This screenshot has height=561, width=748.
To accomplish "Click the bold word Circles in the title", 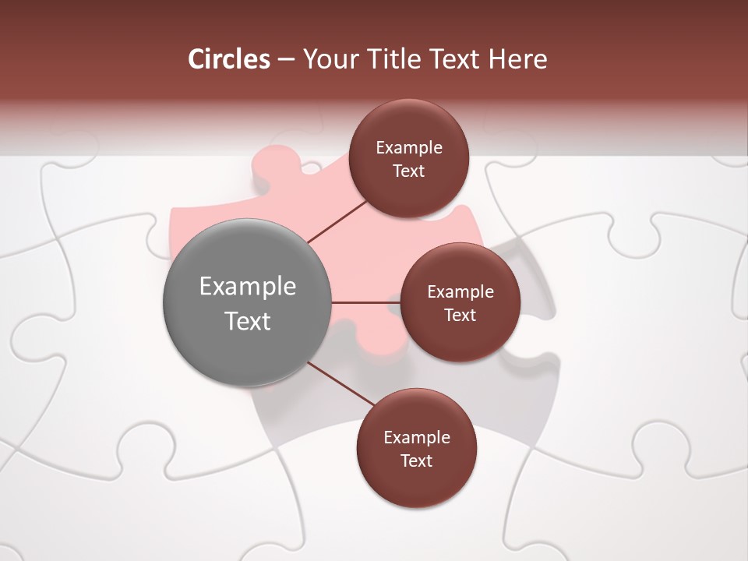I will point(229,59).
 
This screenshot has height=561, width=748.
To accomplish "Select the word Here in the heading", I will point(517,59).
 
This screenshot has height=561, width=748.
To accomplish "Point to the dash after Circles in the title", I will point(286,60).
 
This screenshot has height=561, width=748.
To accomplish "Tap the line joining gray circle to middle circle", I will point(365,302).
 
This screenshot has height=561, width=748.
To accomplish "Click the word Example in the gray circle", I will point(248,287).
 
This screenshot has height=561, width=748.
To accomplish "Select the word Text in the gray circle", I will point(248,321).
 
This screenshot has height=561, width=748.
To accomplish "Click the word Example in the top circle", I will point(409,148).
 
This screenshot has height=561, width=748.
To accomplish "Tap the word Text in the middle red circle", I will point(460,316).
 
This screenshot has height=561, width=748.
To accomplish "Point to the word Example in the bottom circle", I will point(417,438).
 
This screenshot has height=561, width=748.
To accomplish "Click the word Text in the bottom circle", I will point(416,461).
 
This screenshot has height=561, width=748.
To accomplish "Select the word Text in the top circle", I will point(408,171).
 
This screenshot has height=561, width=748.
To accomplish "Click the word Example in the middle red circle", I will point(460,292).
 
